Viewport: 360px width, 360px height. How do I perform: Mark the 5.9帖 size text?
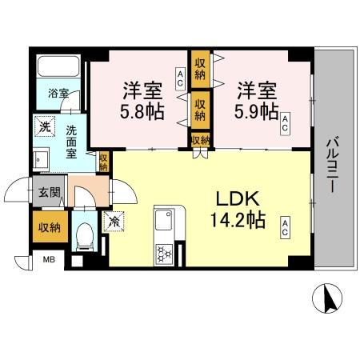click(257, 110)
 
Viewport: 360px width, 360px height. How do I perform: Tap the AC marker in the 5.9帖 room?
click(286, 122)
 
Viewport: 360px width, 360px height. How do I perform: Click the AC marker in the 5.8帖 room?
click(181, 78)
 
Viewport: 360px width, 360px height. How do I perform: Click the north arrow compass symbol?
click(326, 302)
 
